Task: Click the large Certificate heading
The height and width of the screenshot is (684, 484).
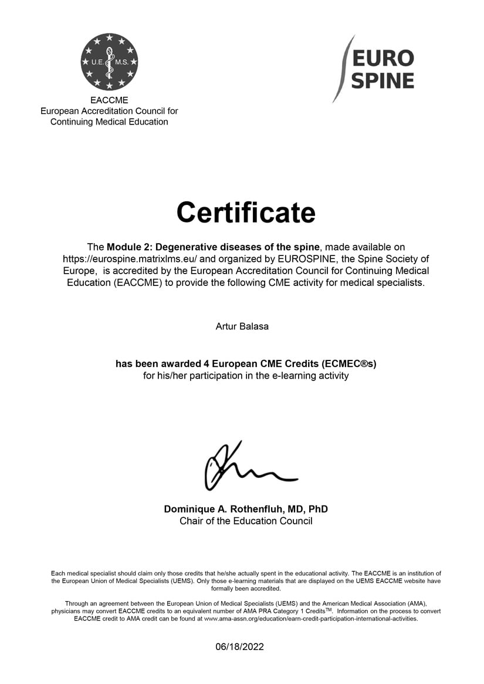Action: click(246, 212)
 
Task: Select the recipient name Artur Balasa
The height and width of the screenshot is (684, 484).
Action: click(242, 326)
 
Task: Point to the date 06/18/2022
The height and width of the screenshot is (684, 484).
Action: click(239, 647)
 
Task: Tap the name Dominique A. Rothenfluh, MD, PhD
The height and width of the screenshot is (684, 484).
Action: click(246, 509)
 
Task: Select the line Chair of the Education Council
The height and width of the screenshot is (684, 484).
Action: click(246, 521)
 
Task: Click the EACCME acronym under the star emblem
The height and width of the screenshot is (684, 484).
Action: click(109, 100)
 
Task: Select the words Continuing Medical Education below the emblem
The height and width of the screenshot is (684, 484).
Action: click(109, 122)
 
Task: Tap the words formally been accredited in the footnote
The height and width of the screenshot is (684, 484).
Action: click(246, 588)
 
